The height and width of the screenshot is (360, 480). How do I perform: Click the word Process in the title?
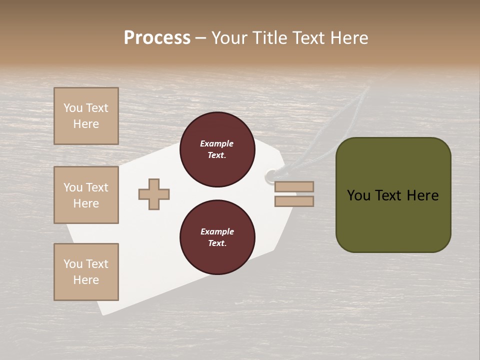tap(157, 38)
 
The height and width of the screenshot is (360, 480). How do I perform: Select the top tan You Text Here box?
tap(86, 116)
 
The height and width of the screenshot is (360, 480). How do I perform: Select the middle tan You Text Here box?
tap(86, 195)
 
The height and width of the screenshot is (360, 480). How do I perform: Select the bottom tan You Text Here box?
tap(86, 272)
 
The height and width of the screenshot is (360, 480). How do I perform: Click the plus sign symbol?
tap(154, 194)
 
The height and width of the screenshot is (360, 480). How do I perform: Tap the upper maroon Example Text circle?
tap(217, 149)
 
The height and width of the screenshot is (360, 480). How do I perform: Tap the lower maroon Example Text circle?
tap(217, 237)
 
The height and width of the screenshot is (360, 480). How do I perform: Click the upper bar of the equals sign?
tap(294, 186)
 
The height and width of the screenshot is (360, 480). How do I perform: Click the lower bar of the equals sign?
tap(294, 201)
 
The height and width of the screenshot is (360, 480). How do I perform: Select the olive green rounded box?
tap(393, 220)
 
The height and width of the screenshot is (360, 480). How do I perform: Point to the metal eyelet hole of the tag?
tap(270, 175)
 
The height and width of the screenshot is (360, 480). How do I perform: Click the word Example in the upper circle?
tap(217, 143)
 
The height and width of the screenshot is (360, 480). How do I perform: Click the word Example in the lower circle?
tap(217, 231)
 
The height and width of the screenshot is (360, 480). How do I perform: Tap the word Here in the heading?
tap(349, 38)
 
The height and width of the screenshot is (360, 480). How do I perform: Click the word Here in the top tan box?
tap(86, 124)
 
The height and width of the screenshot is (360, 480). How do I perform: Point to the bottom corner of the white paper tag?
tap(104, 313)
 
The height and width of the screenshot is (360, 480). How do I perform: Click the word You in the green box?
tap(358, 195)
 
